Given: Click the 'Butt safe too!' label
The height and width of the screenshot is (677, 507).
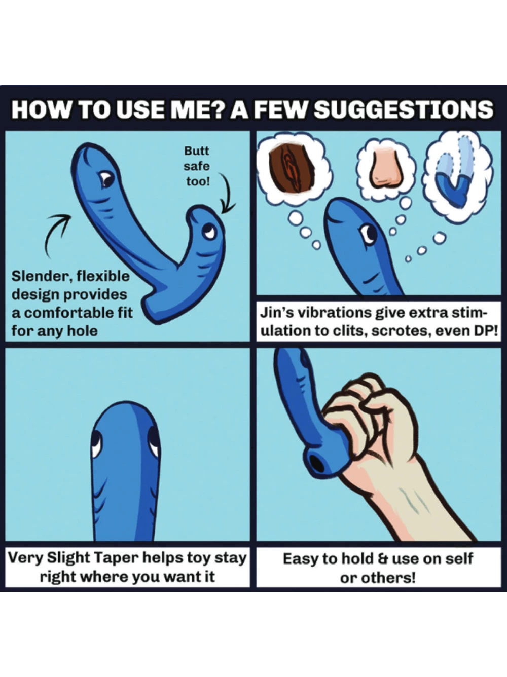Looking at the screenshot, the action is pyautogui.click(x=197, y=166).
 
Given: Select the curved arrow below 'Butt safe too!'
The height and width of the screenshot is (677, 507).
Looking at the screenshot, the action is pyautogui.click(x=228, y=195).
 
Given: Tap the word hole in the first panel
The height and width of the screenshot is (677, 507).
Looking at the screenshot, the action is pyautogui.click(x=83, y=331).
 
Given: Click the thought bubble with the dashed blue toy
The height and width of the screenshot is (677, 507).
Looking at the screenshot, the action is pyautogui.click(x=458, y=176).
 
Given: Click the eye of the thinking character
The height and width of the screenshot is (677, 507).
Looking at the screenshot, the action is pyautogui.click(x=369, y=234).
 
